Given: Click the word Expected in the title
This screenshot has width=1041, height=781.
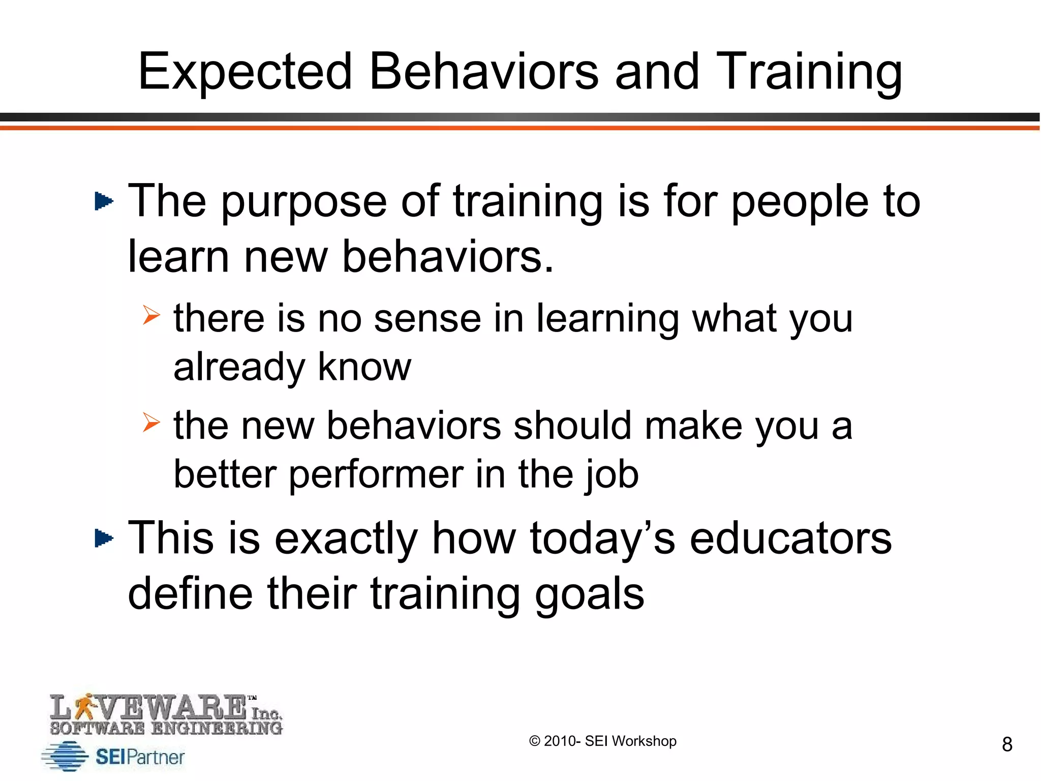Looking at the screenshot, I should pos(245,72).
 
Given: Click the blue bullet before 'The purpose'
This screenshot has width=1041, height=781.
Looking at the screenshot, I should pos(104,201).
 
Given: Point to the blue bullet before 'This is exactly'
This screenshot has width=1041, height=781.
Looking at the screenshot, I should pos(104,538).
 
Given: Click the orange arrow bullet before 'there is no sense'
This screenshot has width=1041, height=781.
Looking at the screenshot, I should pos(151,315).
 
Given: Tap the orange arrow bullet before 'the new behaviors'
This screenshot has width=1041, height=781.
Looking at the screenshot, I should pos(151,422).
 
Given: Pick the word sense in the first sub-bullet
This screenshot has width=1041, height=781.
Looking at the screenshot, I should pos(427,319).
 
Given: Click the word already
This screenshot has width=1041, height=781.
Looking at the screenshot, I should pos(239,367).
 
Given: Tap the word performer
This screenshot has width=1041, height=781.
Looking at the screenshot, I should pos(376,475).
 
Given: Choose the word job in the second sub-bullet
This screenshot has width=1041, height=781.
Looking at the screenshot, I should pos(611,475).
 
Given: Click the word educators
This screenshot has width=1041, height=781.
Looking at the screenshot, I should pos(790,538).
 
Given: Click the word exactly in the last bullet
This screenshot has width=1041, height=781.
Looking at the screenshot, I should pos(346,539).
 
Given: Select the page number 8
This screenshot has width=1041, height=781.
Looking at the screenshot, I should pos(1007,744).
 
